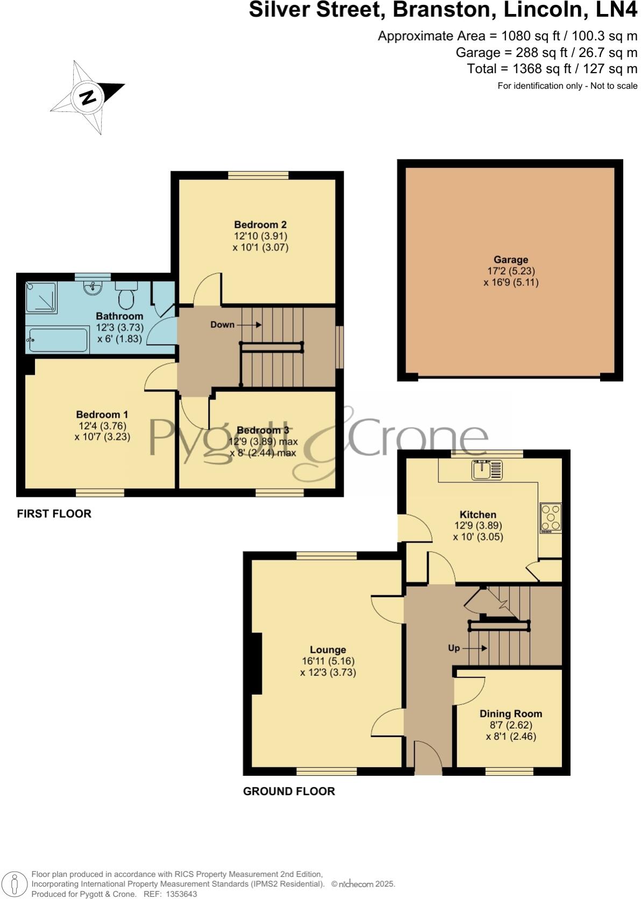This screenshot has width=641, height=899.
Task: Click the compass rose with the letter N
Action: [87, 97]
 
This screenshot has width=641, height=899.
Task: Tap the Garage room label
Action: [511, 260]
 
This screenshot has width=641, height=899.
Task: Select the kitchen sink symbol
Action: [487, 469]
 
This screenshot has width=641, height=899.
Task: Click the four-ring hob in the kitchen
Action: [551, 518]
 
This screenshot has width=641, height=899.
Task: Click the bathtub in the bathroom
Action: [58, 340]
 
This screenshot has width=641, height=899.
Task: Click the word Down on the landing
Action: [222, 325]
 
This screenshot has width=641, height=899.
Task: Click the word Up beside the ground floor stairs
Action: [454, 648]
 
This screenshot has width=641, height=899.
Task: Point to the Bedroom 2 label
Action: [260, 225]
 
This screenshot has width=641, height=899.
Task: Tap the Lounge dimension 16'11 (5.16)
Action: [328, 661]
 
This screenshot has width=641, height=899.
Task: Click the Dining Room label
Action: [510, 714]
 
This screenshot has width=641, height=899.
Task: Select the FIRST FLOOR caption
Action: [54, 514]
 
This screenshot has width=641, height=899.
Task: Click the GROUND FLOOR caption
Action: [289, 791]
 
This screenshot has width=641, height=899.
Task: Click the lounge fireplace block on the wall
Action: [257, 663]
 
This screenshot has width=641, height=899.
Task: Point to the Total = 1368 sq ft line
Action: [552, 69]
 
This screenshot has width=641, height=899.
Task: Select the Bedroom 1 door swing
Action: [161, 376]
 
